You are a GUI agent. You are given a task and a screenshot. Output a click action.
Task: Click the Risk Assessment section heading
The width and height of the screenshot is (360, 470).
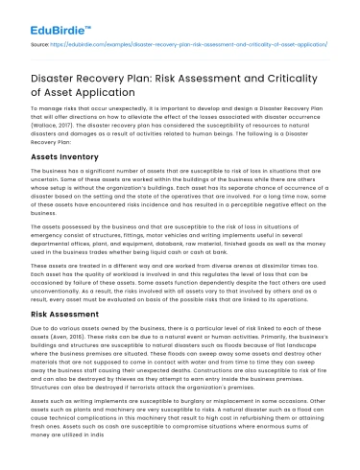tap(63, 313)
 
